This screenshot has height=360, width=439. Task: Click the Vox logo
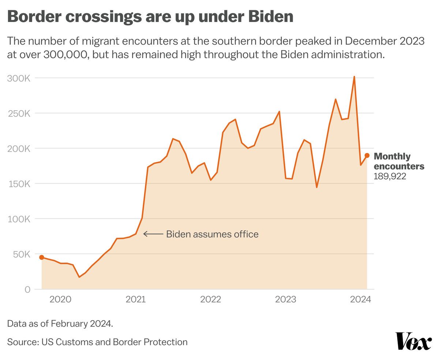(413, 341)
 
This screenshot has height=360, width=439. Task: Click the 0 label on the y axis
(27, 289)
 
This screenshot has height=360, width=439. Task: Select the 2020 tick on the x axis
(60, 300)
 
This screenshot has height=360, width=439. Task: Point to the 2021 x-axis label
(136, 300)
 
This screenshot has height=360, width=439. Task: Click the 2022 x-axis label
(211, 300)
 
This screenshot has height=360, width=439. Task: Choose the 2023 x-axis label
(286, 300)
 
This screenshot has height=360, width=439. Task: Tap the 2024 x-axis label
(360, 300)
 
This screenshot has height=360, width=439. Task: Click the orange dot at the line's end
(367, 156)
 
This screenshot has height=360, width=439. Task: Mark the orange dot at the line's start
(42, 257)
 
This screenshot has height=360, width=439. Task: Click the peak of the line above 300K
(354, 77)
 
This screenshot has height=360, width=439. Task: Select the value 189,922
(390, 177)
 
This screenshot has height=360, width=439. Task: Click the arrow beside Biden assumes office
(153, 234)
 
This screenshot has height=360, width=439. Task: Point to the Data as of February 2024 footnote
(60, 323)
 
